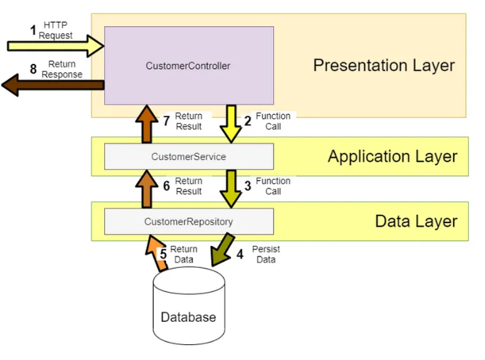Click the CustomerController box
[x=189, y=66]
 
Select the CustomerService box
[x=189, y=156]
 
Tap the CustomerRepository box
[x=189, y=221]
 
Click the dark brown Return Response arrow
[x=52, y=86]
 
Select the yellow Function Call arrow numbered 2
[x=230, y=123]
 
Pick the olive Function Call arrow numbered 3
[x=230, y=188]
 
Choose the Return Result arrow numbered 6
[x=146, y=189]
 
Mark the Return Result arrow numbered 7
[x=146, y=123]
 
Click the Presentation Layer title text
[x=384, y=66]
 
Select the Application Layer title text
[x=392, y=157]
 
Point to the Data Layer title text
[x=416, y=221]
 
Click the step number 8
[x=33, y=69]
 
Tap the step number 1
[x=33, y=30]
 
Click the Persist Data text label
[x=266, y=254]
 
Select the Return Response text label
[x=62, y=69]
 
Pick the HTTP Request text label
[x=56, y=30]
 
